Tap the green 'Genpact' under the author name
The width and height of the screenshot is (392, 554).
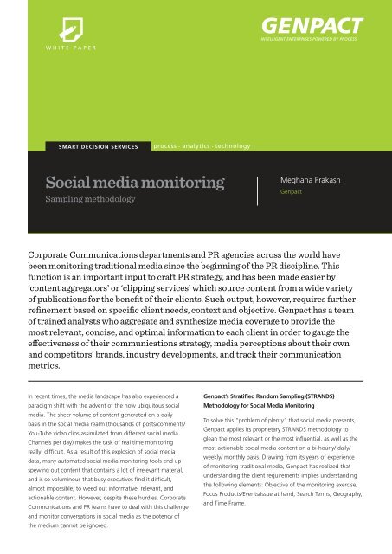(291, 196)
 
